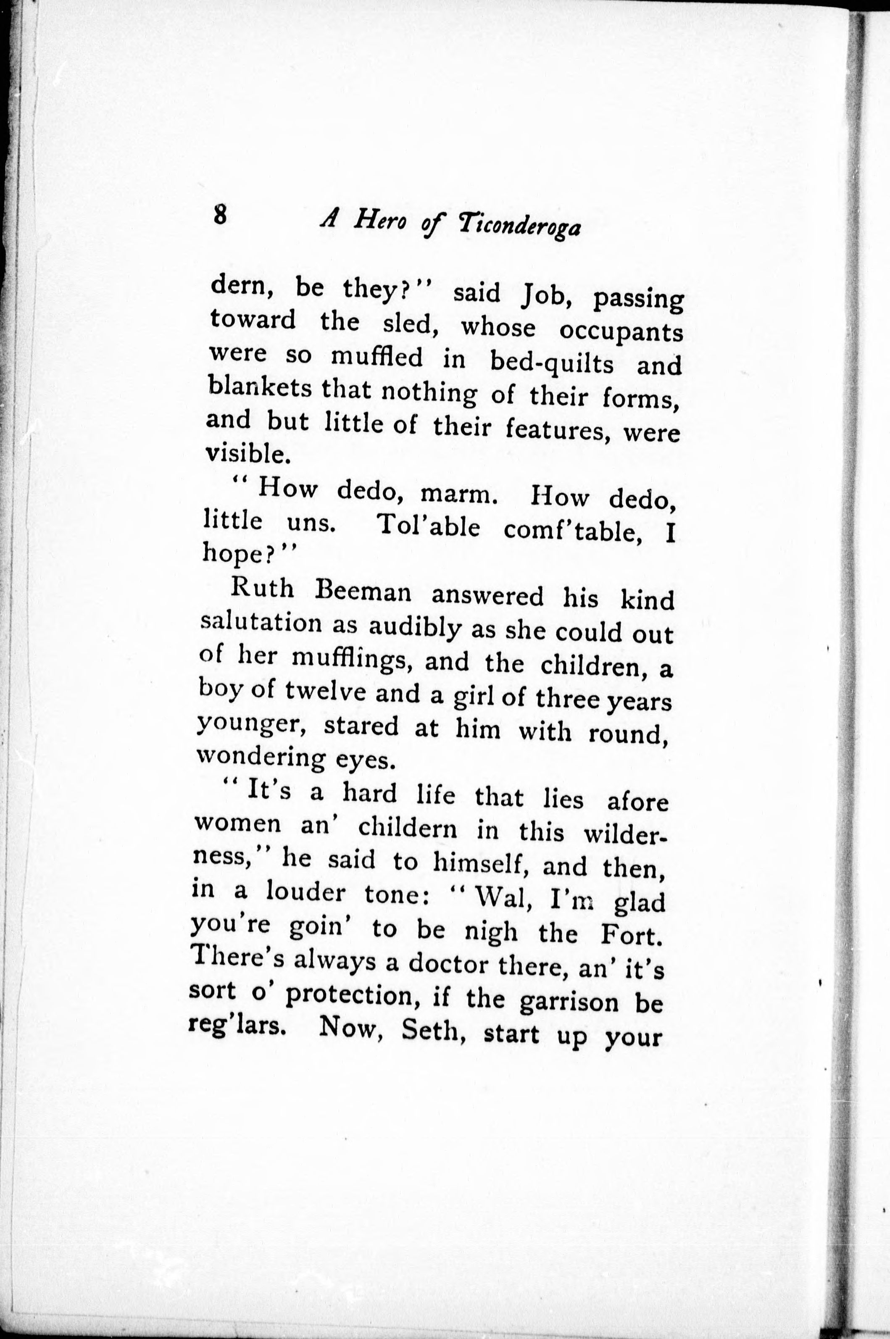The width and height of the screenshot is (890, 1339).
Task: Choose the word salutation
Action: tap(261, 622)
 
